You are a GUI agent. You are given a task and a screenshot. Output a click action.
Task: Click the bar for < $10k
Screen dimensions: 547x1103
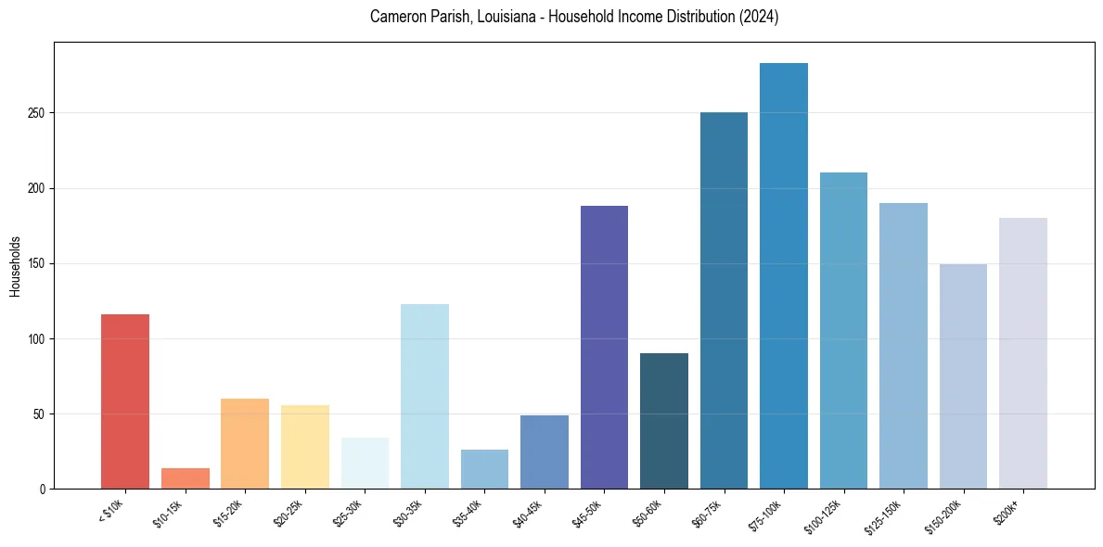(x=125, y=401)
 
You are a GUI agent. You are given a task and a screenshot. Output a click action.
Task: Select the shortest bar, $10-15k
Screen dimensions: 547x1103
(x=185, y=478)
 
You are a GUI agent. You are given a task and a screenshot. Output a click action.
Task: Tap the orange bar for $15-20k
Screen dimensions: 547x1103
(x=245, y=443)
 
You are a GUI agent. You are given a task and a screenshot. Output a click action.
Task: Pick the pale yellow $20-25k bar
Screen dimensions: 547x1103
(x=304, y=447)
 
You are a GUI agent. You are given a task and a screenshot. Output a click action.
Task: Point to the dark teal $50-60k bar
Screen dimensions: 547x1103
(x=664, y=421)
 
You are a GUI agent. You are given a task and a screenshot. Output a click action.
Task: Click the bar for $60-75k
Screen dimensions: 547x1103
(x=724, y=300)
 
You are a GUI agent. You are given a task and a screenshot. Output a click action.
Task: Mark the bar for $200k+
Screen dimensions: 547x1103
(x=1023, y=353)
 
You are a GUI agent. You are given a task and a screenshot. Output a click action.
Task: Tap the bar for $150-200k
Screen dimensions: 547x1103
(x=963, y=376)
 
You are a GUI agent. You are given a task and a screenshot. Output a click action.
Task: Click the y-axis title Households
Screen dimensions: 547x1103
(x=15, y=265)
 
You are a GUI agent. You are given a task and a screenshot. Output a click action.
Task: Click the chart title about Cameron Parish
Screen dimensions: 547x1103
(x=573, y=17)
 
